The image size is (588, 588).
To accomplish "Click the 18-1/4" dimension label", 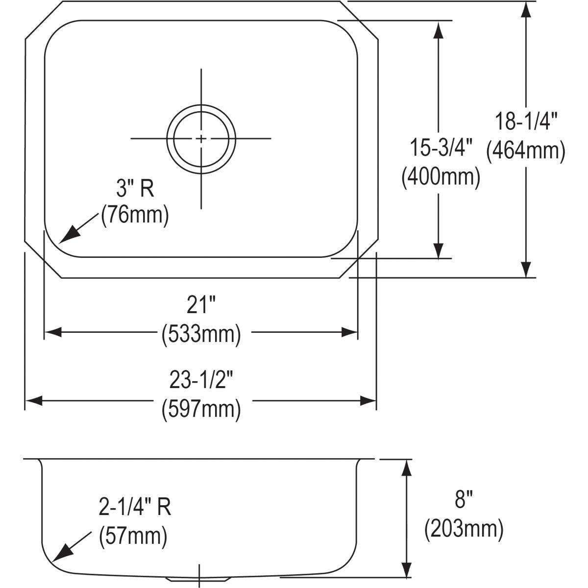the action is click(525, 122).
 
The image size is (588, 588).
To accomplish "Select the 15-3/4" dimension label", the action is click(441, 147).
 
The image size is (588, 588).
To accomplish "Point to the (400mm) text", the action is click(441, 177).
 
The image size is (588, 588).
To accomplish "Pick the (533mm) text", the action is click(201, 335).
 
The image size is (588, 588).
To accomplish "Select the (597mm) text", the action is click(201, 410).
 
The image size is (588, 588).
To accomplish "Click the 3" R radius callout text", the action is click(135, 188).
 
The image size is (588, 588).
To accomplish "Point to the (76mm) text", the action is click(135, 216).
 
